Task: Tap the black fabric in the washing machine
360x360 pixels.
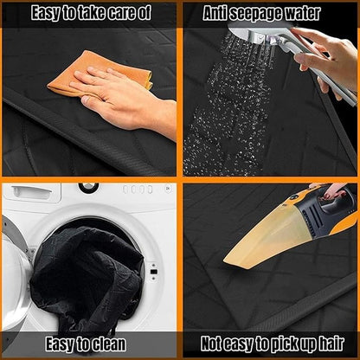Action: tap(87, 277)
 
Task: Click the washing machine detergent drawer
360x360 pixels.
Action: tap(32, 193)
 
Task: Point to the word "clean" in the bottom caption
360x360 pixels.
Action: tap(108, 344)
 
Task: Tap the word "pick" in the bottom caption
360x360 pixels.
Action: tap(280, 344)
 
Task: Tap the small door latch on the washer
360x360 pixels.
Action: tap(153, 272)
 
